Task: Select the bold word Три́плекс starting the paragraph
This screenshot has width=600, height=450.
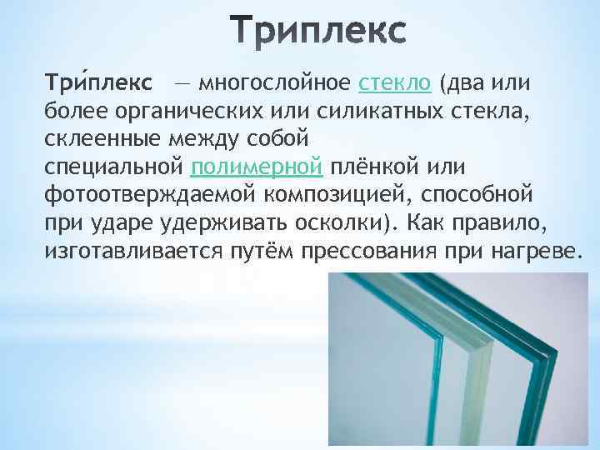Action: coord(97,84)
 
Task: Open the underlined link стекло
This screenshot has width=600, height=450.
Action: coord(395,84)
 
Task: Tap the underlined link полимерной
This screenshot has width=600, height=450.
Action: coord(256,171)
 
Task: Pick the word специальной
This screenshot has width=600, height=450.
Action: coord(112,171)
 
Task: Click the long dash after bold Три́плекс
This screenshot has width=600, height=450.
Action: coord(181,85)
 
